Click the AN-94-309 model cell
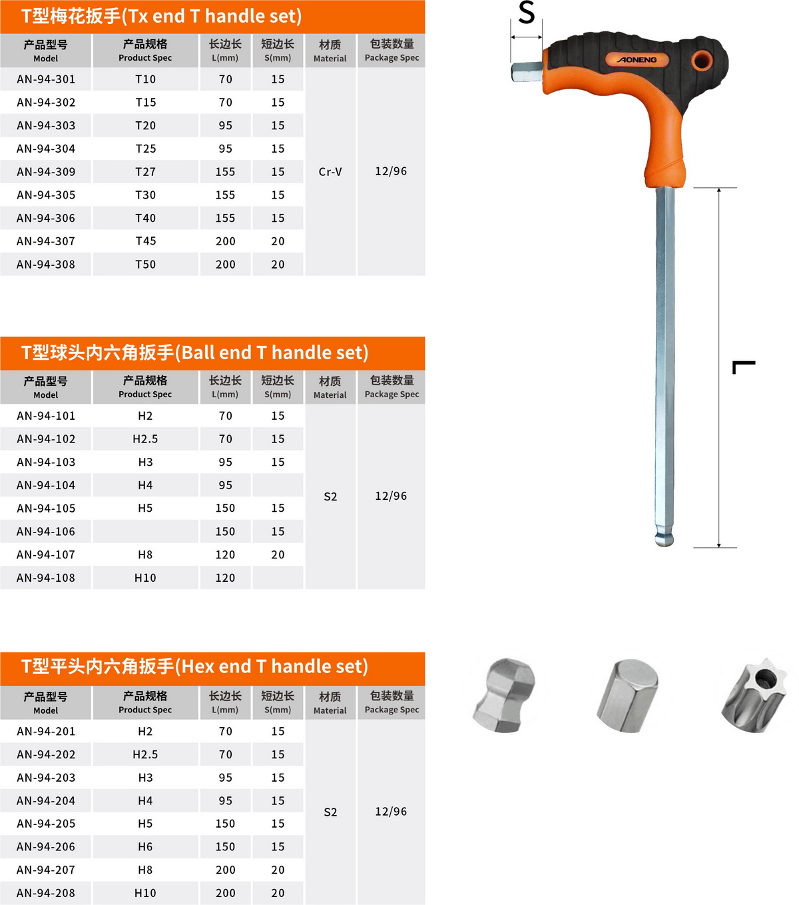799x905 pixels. [x=46, y=172]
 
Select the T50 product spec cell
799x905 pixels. [x=145, y=265]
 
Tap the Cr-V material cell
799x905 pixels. [x=330, y=172]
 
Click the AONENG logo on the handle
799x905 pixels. [x=637, y=60]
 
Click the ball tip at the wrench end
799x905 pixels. [x=664, y=537]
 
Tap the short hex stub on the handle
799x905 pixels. [x=527, y=71]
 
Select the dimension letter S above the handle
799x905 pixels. [x=527, y=13]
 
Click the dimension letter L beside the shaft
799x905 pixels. [x=744, y=367]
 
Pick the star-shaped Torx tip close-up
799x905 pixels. [x=755, y=695]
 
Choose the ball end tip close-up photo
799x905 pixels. [x=505, y=695]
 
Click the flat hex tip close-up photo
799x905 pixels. [x=627, y=695]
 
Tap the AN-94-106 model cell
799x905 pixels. [x=46, y=532]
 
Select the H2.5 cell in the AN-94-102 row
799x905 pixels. [x=145, y=439]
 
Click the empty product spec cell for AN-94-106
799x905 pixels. [x=145, y=532]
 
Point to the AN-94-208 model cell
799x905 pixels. [x=46, y=893]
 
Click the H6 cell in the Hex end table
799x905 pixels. [x=145, y=847]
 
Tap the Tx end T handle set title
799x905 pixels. [x=162, y=16]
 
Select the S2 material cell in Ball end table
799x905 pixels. [x=330, y=496]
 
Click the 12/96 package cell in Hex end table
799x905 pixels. [x=391, y=812]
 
